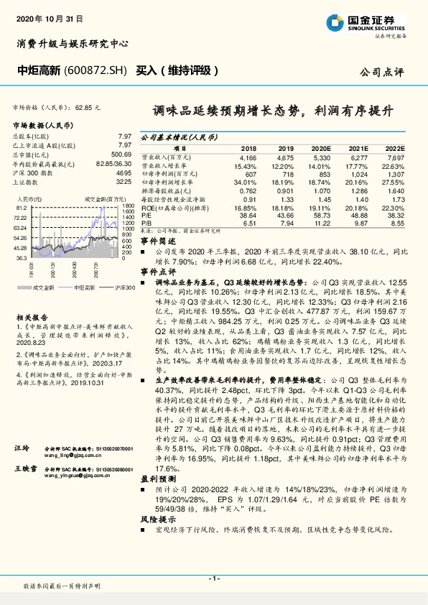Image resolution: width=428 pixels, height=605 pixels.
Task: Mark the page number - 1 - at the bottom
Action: pos(214,578)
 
